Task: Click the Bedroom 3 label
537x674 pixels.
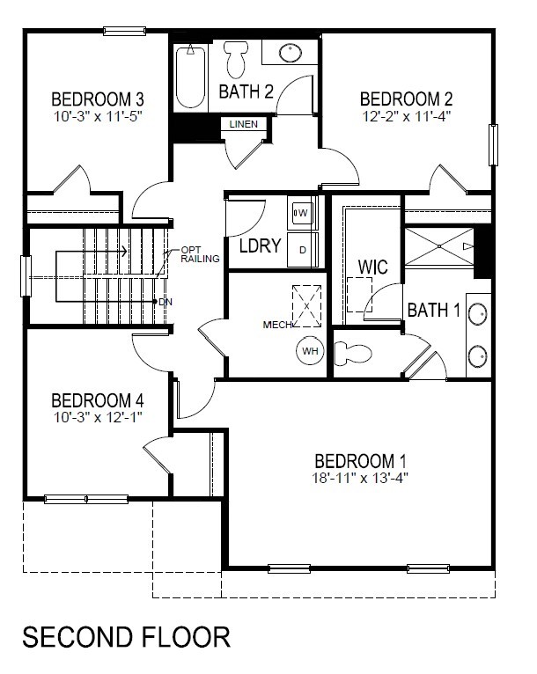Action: pyautogui.click(x=98, y=99)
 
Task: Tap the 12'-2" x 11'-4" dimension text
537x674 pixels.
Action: pyautogui.click(x=407, y=116)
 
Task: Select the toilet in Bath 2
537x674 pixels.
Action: pyautogui.click(x=236, y=59)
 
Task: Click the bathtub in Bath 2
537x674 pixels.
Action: pyautogui.click(x=190, y=77)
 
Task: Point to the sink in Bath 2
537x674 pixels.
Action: pyautogui.click(x=291, y=53)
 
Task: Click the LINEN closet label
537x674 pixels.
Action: pyautogui.click(x=244, y=124)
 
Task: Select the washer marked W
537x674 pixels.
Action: pyautogui.click(x=302, y=213)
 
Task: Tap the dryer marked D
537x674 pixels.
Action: pyautogui.click(x=303, y=250)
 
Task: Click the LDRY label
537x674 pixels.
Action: pyautogui.click(x=260, y=245)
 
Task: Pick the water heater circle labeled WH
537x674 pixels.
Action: pyautogui.click(x=310, y=351)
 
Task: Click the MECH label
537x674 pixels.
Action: pyautogui.click(x=277, y=325)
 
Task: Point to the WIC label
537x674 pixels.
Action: pyautogui.click(x=372, y=267)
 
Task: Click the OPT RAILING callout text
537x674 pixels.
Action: pyautogui.click(x=200, y=254)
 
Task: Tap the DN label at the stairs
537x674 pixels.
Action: pyautogui.click(x=166, y=302)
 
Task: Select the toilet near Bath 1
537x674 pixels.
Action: pyautogui.click(x=352, y=354)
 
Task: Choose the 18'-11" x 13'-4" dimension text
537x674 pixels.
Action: pyautogui.click(x=360, y=478)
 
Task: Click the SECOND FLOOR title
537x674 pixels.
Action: pyautogui.click(x=127, y=637)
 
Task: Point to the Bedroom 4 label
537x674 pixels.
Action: pyautogui.click(x=98, y=400)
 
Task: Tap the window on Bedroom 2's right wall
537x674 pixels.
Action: pyautogui.click(x=493, y=145)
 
